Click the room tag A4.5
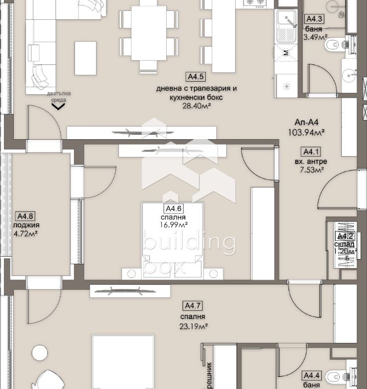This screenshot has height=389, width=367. [195, 77]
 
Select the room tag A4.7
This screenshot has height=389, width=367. [193, 306]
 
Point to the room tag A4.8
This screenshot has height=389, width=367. [25, 216]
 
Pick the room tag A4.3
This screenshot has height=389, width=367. [314, 19]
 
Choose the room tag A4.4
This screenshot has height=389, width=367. [312, 376]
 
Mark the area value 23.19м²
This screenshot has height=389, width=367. [193, 326]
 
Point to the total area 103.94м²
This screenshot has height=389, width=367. [306, 132]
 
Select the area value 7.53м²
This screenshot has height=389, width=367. [312, 169]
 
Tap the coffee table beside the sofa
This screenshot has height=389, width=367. [85, 57]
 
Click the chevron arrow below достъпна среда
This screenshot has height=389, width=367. [58, 106]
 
